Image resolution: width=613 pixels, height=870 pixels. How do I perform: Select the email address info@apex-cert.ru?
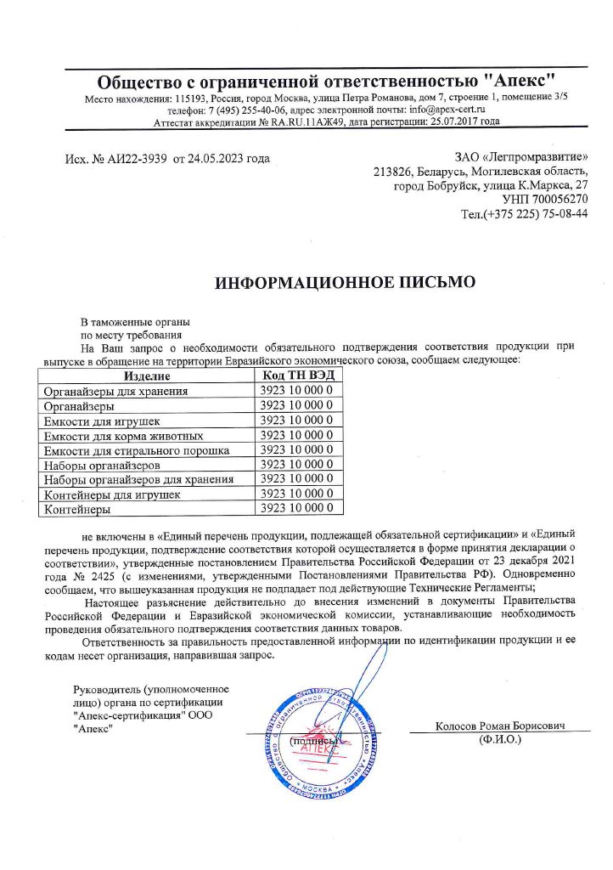click(447, 110)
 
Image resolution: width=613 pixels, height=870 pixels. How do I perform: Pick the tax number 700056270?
click(559, 199)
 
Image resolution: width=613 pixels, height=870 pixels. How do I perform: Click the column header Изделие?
click(147, 376)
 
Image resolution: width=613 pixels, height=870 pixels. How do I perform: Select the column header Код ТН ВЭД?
click(299, 376)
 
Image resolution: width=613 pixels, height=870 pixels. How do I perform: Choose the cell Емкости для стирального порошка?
click(135, 450)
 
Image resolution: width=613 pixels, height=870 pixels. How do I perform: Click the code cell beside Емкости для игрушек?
click(299, 421)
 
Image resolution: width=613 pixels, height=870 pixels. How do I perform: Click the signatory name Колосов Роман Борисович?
click(500, 726)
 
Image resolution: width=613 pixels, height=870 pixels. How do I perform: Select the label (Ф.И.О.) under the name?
click(500, 739)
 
